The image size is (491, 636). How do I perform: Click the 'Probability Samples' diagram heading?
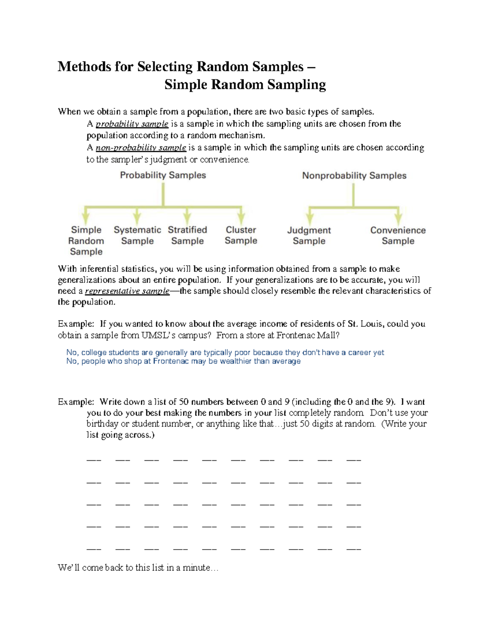click(x=163, y=175)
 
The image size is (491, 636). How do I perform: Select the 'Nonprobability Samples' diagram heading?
click(x=354, y=176)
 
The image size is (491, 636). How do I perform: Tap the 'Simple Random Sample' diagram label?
click(x=86, y=241)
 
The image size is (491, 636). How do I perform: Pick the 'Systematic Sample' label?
click(x=137, y=235)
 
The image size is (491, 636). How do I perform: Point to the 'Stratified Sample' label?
click(x=187, y=235)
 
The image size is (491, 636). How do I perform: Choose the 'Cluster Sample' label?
click(x=241, y=235)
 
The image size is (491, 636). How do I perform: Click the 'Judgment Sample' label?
click(x=309, y=236)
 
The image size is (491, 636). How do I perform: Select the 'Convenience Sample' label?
click(x=398, y=236)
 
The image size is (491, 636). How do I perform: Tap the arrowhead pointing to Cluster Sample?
click(x=241, y=217)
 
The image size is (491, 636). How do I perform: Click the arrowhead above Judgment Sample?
click(x=310, y=218)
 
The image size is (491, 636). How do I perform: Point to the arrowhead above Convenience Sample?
click(x=398, y=218)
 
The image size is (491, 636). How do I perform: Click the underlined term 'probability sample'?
click(x=132, y=124)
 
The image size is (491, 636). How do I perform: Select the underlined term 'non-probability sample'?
click(x=141, y=148)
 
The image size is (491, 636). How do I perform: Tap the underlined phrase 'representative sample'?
click(x=127, y=291)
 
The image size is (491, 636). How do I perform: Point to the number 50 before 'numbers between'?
click(x=183, y=402)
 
